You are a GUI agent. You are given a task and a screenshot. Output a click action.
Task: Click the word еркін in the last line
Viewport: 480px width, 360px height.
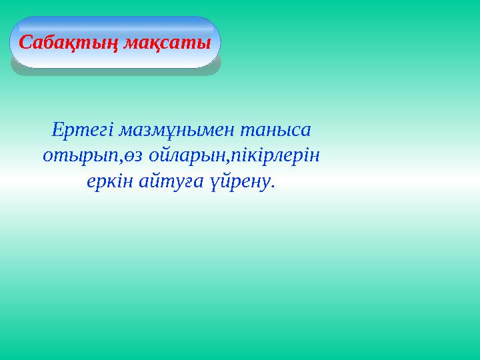point(109,182)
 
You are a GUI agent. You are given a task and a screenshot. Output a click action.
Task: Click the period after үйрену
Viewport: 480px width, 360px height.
point(272,187)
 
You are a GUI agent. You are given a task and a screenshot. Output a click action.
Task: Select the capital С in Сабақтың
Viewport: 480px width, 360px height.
point(25,43)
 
